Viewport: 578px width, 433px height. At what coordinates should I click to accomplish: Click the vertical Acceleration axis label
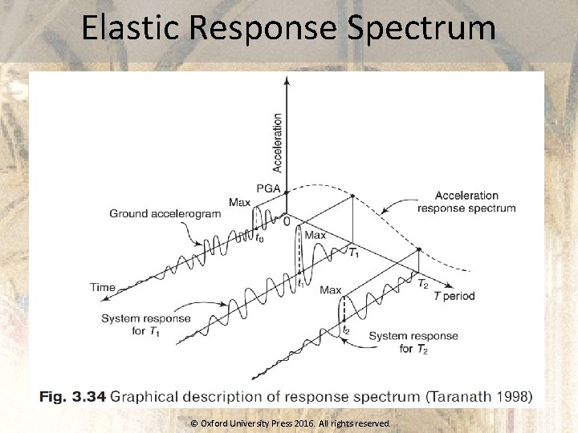(277, 142)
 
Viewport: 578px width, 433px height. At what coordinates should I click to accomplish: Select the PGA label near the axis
(269, 188)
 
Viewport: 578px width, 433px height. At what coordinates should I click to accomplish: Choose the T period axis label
(454, 296)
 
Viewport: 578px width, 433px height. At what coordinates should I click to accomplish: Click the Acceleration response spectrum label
(466, 201)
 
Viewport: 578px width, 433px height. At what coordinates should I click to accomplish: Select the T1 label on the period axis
(353, 253)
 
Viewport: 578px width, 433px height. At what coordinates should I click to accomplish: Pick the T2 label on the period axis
(423, 283)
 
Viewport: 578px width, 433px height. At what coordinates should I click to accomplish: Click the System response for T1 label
(146, 325)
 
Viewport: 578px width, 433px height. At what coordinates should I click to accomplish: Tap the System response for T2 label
(413, 342)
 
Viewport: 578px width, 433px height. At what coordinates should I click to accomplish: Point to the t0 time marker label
(259, 238)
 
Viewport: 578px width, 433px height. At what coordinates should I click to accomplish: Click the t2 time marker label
(346, 330)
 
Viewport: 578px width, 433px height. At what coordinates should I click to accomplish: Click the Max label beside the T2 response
(331, 290)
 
